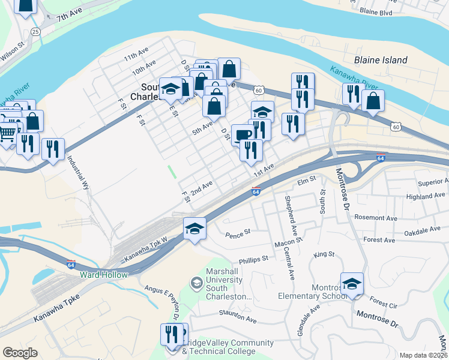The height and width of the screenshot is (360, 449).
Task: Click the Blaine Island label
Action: pyautogui.click(x=381, y=60)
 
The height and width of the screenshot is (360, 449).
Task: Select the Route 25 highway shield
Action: pyautogui.click(x=36, y=31)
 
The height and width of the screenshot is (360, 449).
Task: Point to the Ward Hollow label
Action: pyautogui.click(x=104, y=275)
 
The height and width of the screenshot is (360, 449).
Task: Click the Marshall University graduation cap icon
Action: pyautogui.click(x=196, y=282)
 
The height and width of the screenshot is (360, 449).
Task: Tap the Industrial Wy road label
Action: pyautogui.click(x=79, y=173)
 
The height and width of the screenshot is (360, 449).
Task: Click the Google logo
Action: pyautogui.click(x=20, y=353)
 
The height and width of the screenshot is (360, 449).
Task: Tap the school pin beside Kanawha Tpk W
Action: pyautogui.click(x=194, y=229)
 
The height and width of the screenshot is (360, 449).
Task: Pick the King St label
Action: pyautogui.click(x=324, y=254)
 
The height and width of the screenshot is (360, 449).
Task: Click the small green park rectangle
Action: pyautogui.click(x=172, y=172)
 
